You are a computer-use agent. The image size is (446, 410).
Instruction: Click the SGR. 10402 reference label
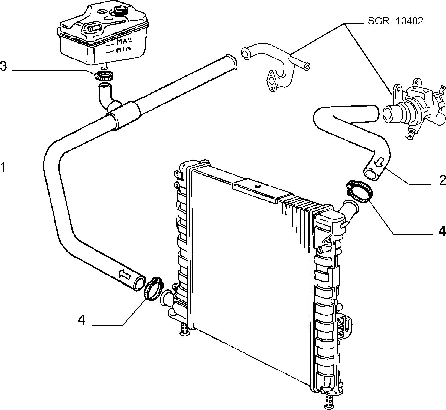pyautogui.click(x=395, y=21)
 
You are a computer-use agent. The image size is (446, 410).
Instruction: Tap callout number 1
pyautogui.click(x=3, y=168)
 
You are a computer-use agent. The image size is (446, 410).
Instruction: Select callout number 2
pyautogui.click(x=442, y=180)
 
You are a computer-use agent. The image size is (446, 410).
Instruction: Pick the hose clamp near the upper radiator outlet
pyautogui.click(x=359, y=191)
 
